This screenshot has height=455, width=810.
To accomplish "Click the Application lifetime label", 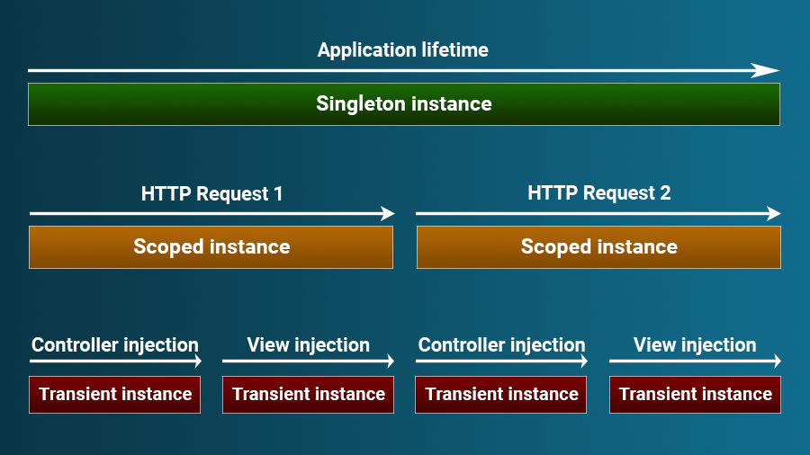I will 403,50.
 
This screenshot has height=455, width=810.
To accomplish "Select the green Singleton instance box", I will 403,104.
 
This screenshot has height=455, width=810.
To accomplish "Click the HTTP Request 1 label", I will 211,193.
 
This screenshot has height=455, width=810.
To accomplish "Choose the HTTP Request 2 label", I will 598,193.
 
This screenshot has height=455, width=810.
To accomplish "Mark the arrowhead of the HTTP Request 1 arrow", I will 388,214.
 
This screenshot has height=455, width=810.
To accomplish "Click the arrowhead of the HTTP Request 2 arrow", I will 774,214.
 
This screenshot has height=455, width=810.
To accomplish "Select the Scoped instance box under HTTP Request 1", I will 211,247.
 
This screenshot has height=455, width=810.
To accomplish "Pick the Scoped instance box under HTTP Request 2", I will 598,247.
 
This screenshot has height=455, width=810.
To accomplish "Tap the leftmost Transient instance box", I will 115,395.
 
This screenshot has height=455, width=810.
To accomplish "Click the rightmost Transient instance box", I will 695,395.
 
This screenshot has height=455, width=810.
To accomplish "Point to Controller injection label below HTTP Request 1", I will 115,345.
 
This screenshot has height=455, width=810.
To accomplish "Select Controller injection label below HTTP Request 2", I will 501,345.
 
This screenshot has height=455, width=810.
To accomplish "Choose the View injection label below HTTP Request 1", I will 308,345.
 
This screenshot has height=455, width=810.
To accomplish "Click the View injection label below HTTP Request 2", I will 695,345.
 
